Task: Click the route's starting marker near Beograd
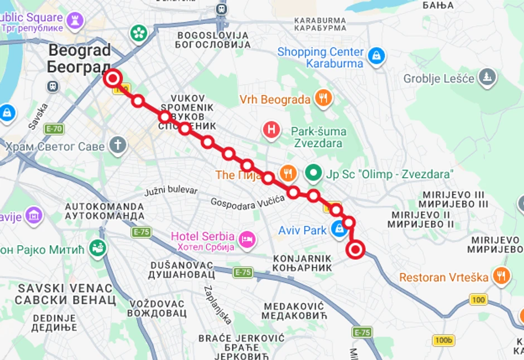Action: pos(113,78)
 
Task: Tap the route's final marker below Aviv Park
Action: pos(355,250)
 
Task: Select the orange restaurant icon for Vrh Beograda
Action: pos(323,99)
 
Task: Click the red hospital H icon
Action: pos(271,130)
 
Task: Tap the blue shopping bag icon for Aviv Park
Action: pos(338,228)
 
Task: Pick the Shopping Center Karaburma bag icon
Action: pos(377,56)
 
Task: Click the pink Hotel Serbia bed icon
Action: pos(246,240)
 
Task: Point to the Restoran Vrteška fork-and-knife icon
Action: pos(502,276)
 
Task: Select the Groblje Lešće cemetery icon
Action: pos(487,77)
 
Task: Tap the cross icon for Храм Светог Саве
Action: pos(118,145)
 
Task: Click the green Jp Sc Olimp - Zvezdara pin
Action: pos(313,173)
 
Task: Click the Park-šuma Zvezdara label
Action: pos(318,137)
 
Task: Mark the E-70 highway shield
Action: pos(54,129)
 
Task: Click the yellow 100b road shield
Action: pos(444,340)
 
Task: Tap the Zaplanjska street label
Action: pos(218,305)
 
